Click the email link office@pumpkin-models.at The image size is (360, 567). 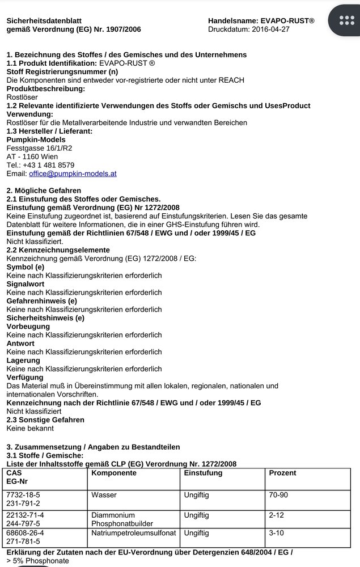73,174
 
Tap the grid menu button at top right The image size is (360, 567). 346,20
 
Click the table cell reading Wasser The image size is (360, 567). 104,495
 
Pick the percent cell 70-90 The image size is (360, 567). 278,495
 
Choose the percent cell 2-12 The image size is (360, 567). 277,515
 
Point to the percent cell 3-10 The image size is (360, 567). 277,533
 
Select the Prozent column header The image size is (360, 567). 282,473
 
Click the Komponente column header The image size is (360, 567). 114,473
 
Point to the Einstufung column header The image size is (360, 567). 203,473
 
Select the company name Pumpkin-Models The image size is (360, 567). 36,139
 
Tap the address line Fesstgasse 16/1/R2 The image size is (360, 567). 39,148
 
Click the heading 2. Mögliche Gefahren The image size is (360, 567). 44,191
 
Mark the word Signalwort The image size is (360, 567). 26,284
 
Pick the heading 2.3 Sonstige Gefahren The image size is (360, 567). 45,420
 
